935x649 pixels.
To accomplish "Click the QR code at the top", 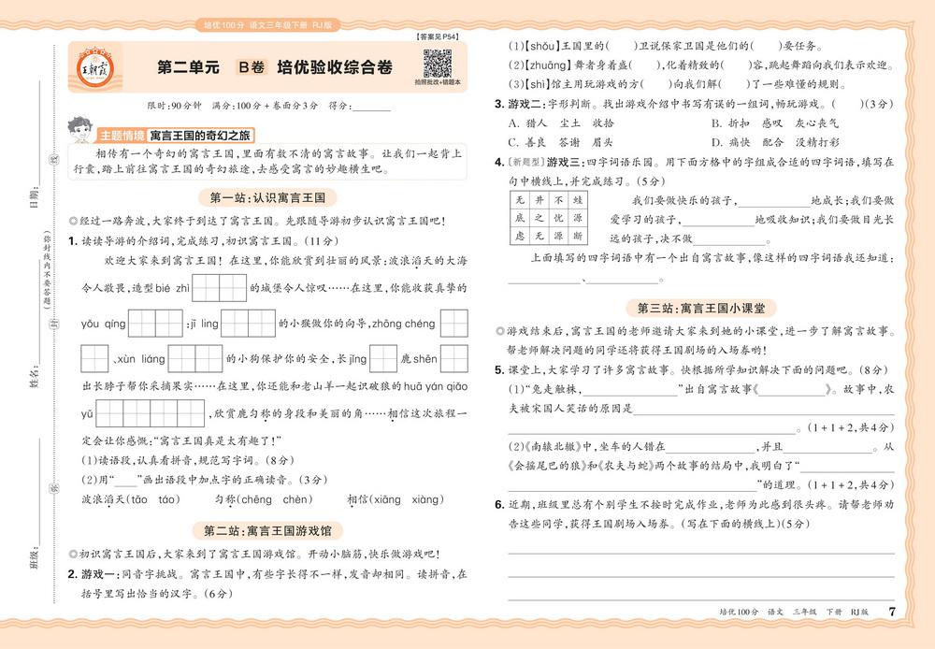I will pos(438,65).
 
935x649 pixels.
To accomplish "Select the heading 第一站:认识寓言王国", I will pos(267,197).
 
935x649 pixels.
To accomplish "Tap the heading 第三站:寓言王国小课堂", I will pos(707,308).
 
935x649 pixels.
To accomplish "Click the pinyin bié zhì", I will pos(171,287).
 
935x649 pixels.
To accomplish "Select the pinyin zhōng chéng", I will pos(403,324).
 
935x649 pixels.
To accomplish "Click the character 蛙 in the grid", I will pos(577,200).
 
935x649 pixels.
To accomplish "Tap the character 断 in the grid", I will pos(577,236).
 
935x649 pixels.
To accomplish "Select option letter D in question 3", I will pos(714,142).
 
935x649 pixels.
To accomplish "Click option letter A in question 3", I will pos(512,123).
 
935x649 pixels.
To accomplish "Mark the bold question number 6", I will pos(499,505).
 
